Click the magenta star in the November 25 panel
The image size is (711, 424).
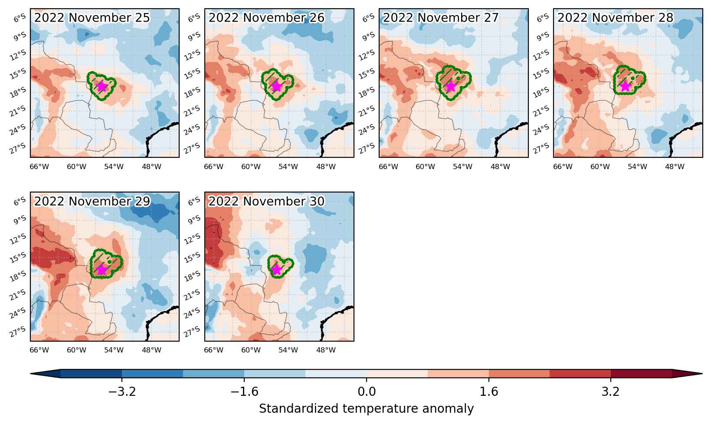pos(102,86)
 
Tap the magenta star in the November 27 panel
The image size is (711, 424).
pos(451,86)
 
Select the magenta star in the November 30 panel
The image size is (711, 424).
pos(276,270)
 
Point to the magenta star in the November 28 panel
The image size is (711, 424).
pos(625,86)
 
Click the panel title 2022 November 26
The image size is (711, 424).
pos(266,18)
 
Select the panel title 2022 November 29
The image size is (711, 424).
pos(92,201)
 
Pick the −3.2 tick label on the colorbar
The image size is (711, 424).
pos(122,392)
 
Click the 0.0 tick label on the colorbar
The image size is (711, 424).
pos(367,392)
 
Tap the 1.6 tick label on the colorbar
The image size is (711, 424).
pos(489,392)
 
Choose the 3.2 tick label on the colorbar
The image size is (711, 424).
pos(611,392)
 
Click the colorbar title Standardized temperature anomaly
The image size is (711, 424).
pos(366,409)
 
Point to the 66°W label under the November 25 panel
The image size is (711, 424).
pos(39,167)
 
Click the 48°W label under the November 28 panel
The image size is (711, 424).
pos(675,167)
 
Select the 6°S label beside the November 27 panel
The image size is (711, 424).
pos(368,18)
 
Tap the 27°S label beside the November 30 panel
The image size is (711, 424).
pos(192,331)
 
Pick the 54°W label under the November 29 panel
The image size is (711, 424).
pos(114,350)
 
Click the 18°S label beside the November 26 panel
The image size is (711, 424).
pos(192,92)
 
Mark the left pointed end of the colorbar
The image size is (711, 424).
pos(30,374)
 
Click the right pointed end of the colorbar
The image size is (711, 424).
pos(702,374)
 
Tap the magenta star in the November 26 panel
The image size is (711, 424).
pos(276,86)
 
